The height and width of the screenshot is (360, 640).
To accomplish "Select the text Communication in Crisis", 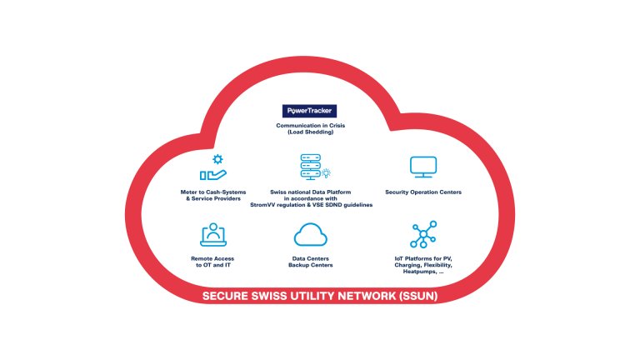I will tap(309, 126).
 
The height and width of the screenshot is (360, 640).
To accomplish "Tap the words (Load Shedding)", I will tap(309, 133).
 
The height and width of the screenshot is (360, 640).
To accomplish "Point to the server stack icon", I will tap(311, 167).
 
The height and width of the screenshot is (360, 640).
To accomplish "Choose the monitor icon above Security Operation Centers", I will tap(423, 167).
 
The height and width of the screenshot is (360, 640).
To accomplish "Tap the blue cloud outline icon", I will tap(309, 236).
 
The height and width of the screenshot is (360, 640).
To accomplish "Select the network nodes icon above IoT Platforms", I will tap(423, 235).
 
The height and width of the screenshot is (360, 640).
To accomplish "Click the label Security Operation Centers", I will tap(423, 192).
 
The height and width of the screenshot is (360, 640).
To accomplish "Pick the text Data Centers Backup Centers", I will tap(309, 262).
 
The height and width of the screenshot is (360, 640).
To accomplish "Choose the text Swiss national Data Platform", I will tap(309, 192).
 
